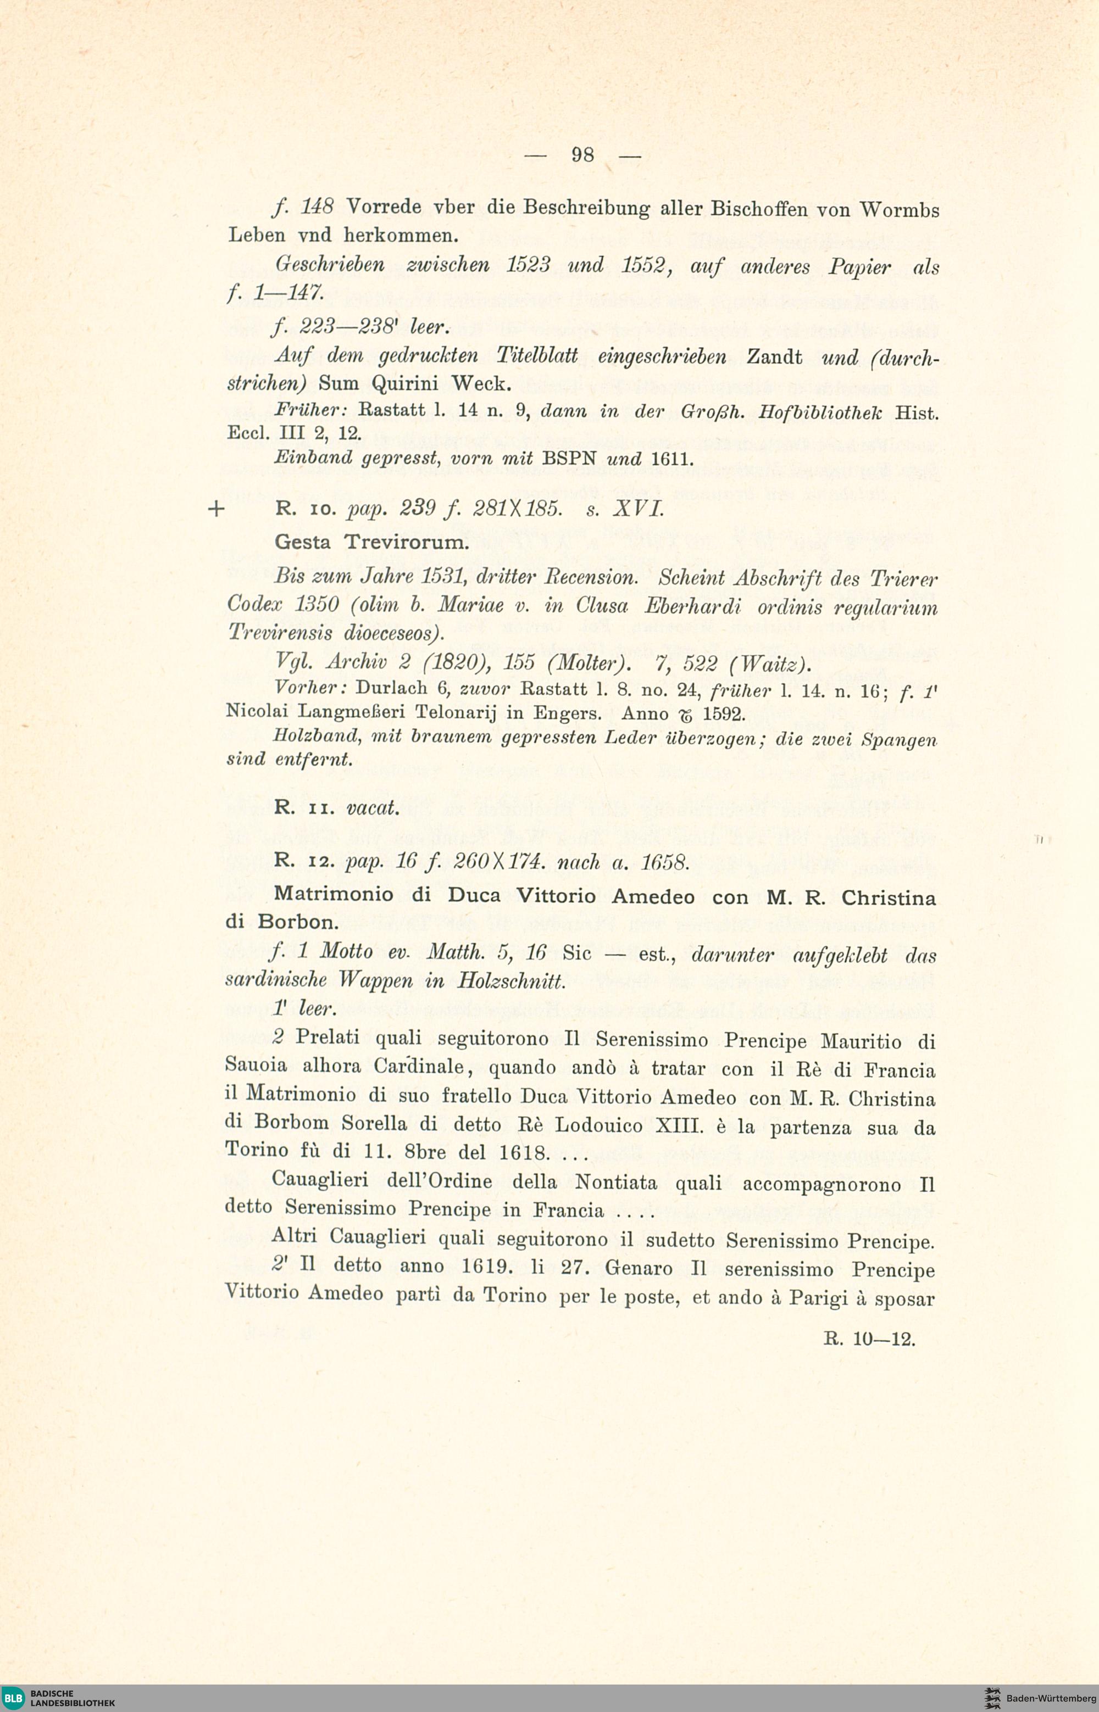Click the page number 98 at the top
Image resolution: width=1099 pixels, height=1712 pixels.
(x=582, y=155)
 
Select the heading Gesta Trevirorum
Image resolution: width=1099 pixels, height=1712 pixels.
(x=372, y=542)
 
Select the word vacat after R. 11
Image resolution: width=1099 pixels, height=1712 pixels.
(x=372, y=809)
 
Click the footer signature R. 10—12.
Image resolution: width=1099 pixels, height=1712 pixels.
(x=869, y=1339)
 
